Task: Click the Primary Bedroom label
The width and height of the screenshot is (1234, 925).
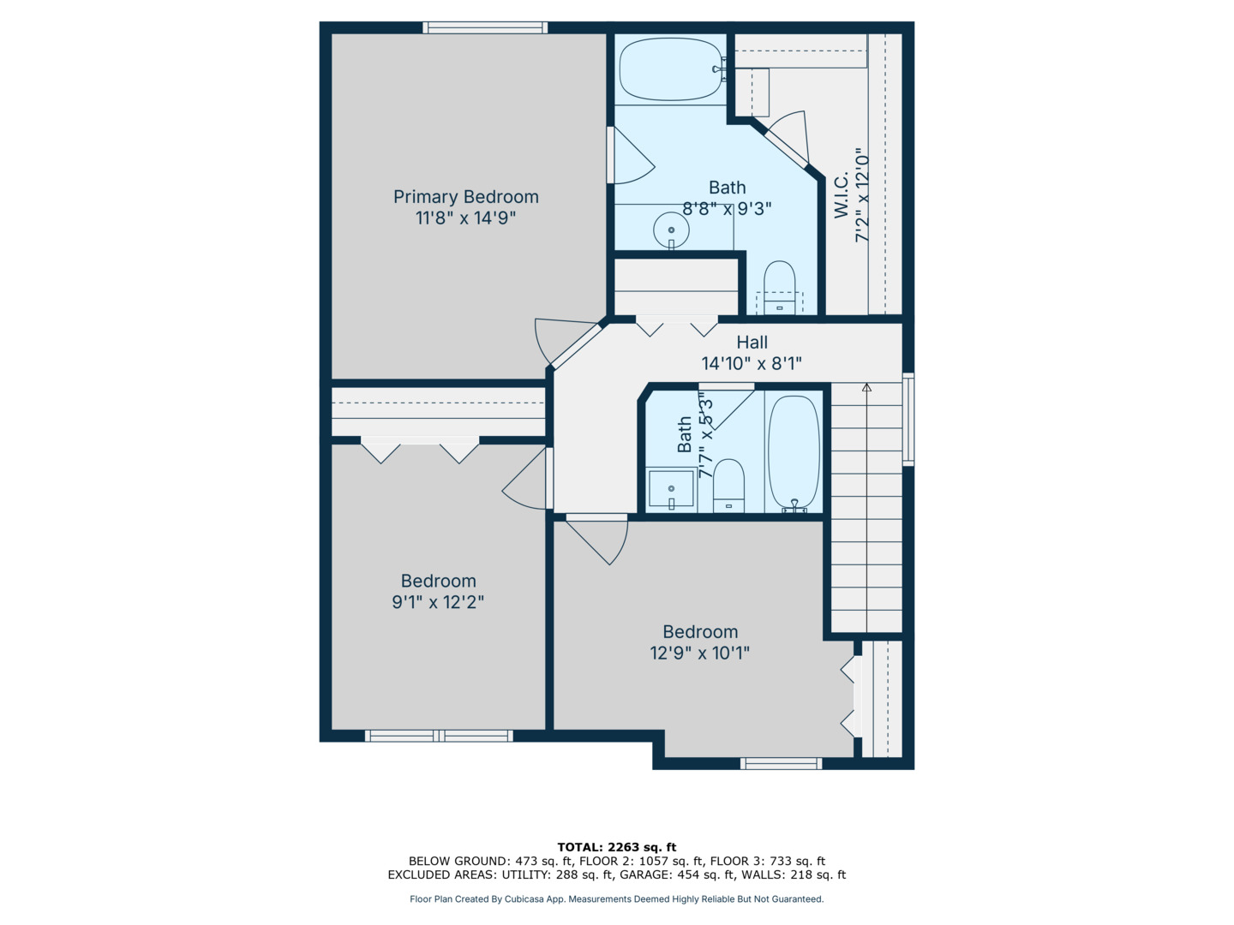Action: (x=465, y=197)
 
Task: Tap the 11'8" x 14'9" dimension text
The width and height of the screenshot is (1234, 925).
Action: (x=465, y=218)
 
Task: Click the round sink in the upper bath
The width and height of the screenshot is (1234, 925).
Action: (x=671, y=230)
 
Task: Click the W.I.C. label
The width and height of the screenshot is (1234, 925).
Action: (x=842, y=194)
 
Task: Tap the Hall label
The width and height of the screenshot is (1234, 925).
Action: (x=752, y=343)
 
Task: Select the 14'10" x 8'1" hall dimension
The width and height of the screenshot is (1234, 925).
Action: (x=752, y=364)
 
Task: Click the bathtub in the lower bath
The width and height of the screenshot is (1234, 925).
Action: (x=794, y=452)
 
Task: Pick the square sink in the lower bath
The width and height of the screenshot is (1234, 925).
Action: (x=670, y=489)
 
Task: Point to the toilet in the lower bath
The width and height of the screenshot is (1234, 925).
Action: (x=728, y=484)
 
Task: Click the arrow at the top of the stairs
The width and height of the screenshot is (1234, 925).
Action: (x=866, y=388)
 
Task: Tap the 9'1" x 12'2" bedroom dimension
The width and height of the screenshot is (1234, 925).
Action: (x=438, y=602)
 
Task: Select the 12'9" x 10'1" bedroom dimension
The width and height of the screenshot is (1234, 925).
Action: (x=699, y=653)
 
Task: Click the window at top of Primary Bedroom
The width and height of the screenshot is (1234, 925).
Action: (x=485, y=27)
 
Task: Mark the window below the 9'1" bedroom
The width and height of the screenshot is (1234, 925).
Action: (x=439, y=736)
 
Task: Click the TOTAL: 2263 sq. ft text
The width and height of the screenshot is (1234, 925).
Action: (x=616, y=847)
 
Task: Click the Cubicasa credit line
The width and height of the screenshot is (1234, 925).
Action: (x=616, y=899)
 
